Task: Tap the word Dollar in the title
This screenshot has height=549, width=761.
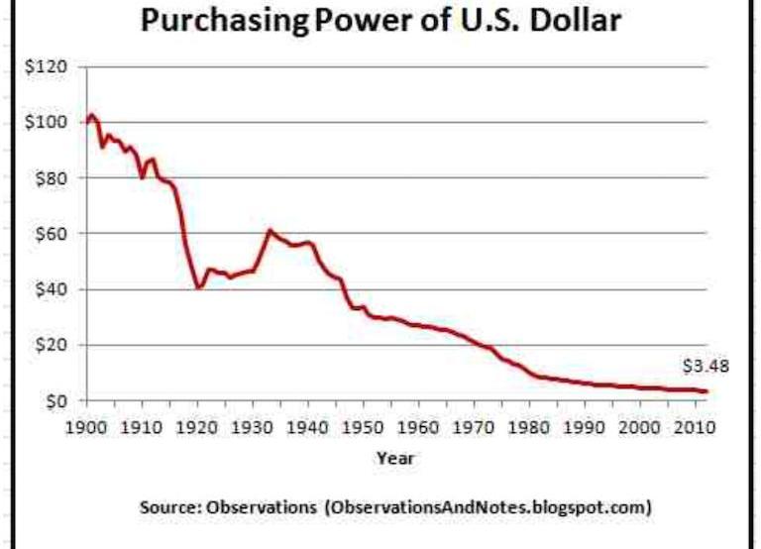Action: point(566,20)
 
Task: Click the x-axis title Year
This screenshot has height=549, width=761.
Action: point(395,458)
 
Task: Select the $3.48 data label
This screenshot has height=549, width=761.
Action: point(706,367)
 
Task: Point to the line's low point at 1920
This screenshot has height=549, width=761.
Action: point(199,287)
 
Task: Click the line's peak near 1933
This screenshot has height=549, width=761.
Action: point(270,230)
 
